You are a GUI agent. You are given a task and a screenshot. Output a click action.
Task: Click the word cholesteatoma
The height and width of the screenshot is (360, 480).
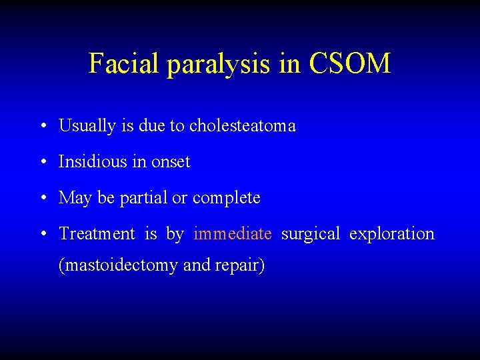tap(242, 125)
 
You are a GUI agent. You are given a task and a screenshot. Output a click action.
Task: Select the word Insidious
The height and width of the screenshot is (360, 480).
tap(92, 161)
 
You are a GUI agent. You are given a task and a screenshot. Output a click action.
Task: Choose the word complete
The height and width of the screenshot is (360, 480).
tap(227, 198)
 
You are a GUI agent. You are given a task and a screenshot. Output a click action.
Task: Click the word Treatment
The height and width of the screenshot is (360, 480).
tap(97, 233)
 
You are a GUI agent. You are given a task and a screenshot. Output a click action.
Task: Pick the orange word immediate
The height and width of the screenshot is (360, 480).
tap(232, 233)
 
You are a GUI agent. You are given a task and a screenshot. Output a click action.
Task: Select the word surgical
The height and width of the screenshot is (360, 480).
tap(310, 234)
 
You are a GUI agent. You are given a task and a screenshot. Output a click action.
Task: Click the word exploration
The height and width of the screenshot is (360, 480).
tap(391, 234)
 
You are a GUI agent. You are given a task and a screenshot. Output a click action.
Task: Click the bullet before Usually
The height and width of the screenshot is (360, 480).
tap(42, 126)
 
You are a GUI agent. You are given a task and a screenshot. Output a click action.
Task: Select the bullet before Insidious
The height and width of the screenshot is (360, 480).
tap(42, 162)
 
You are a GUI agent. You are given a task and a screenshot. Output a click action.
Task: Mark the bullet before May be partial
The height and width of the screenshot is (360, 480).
tap(42, 198)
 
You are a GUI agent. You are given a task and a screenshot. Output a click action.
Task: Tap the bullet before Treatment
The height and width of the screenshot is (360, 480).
tap(42, 234)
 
